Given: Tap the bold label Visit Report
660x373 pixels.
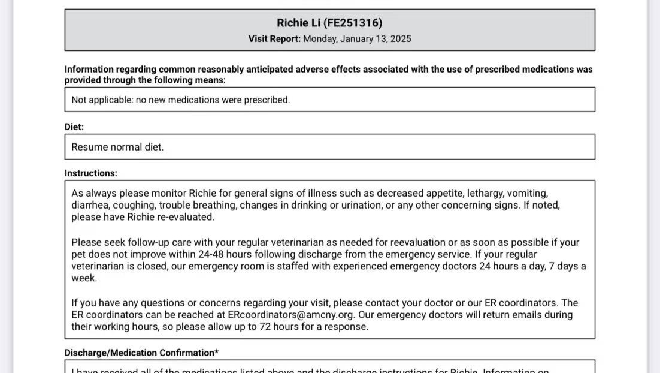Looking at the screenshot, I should click(x=274, y=39).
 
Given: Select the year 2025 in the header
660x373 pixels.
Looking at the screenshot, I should click(x=400, y=39).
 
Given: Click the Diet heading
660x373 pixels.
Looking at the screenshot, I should click(x=74, y=127).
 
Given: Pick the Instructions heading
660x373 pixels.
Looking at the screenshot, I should click(x=91, y=173).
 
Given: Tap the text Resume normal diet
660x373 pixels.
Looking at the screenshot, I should click(x=117, y=147).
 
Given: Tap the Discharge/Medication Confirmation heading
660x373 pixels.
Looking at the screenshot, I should click(x=141, y=353).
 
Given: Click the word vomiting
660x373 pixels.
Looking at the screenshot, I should click(x=528, y=193).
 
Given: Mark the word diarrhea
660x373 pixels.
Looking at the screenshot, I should click(x=90, y=205).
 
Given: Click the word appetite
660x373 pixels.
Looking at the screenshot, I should click(x=446, y=193).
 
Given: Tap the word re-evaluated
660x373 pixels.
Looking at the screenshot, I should click(x=185, y=217).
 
